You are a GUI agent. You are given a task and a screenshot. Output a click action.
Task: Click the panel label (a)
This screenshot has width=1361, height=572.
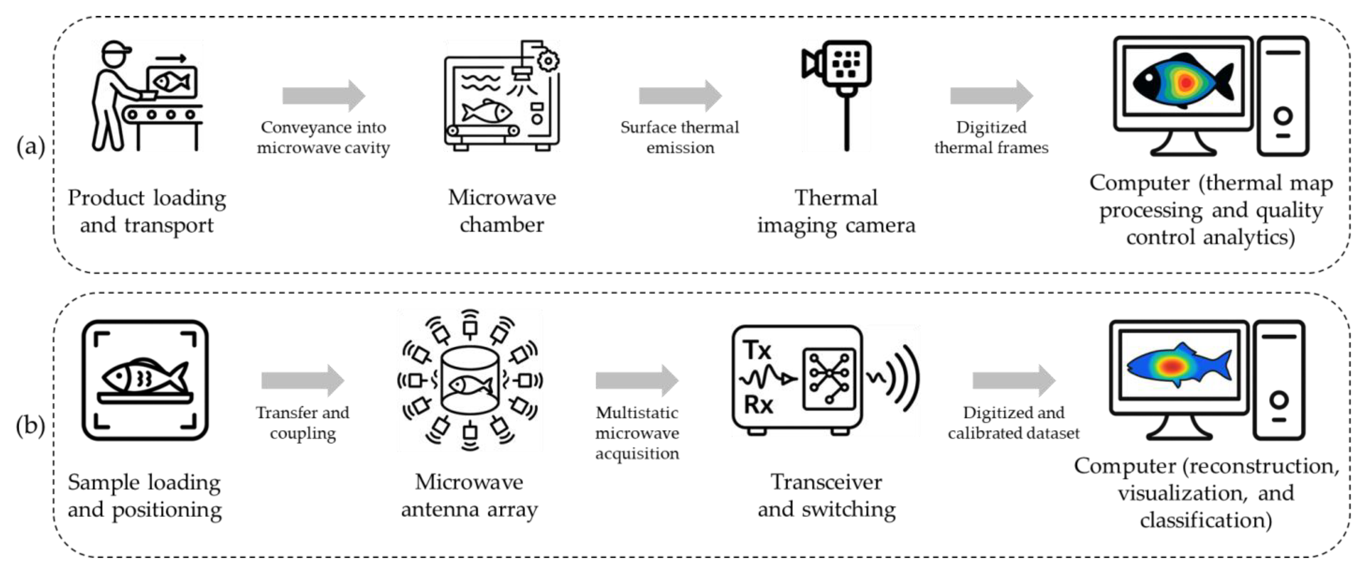pos(31,146)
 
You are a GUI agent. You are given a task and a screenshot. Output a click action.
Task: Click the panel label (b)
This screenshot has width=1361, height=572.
pos(31,426)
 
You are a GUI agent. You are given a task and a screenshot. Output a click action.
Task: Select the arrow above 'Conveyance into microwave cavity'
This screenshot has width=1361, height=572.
pos(324,96)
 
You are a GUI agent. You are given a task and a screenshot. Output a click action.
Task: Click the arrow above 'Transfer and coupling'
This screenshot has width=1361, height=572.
pos(303,380)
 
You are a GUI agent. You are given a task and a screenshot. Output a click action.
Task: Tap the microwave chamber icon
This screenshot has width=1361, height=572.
pos(502,95)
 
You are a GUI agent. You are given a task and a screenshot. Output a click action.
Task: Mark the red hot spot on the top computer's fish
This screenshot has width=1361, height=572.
pos(1186,82)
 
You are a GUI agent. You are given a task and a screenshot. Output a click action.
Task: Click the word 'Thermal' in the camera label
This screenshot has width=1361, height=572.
pos(836,198)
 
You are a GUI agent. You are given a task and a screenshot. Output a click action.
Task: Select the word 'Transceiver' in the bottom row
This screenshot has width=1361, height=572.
pos(826,482)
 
